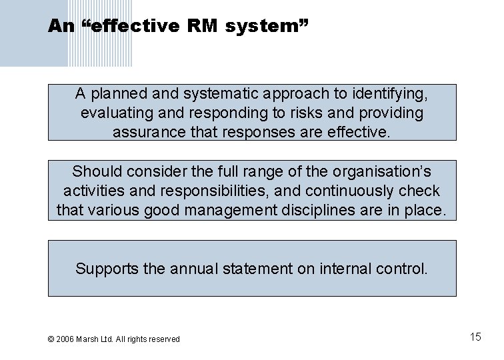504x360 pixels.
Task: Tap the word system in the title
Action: pyautogui.click(x=265, y=27)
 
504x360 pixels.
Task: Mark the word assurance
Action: pyautogui.click(x=149, y=132)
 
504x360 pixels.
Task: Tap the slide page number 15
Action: pyautogui.click(x=475, y=337)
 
